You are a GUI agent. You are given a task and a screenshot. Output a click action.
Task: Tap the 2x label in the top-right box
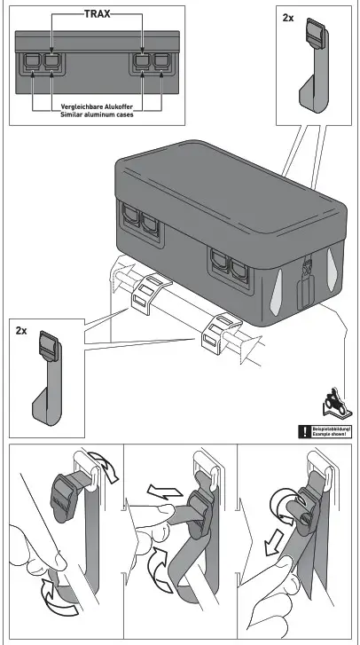[x=288, y=18]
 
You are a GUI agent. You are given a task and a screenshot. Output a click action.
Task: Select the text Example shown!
[x=331, y=436]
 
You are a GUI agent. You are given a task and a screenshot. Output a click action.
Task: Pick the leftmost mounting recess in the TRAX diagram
[x=32, y=61]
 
